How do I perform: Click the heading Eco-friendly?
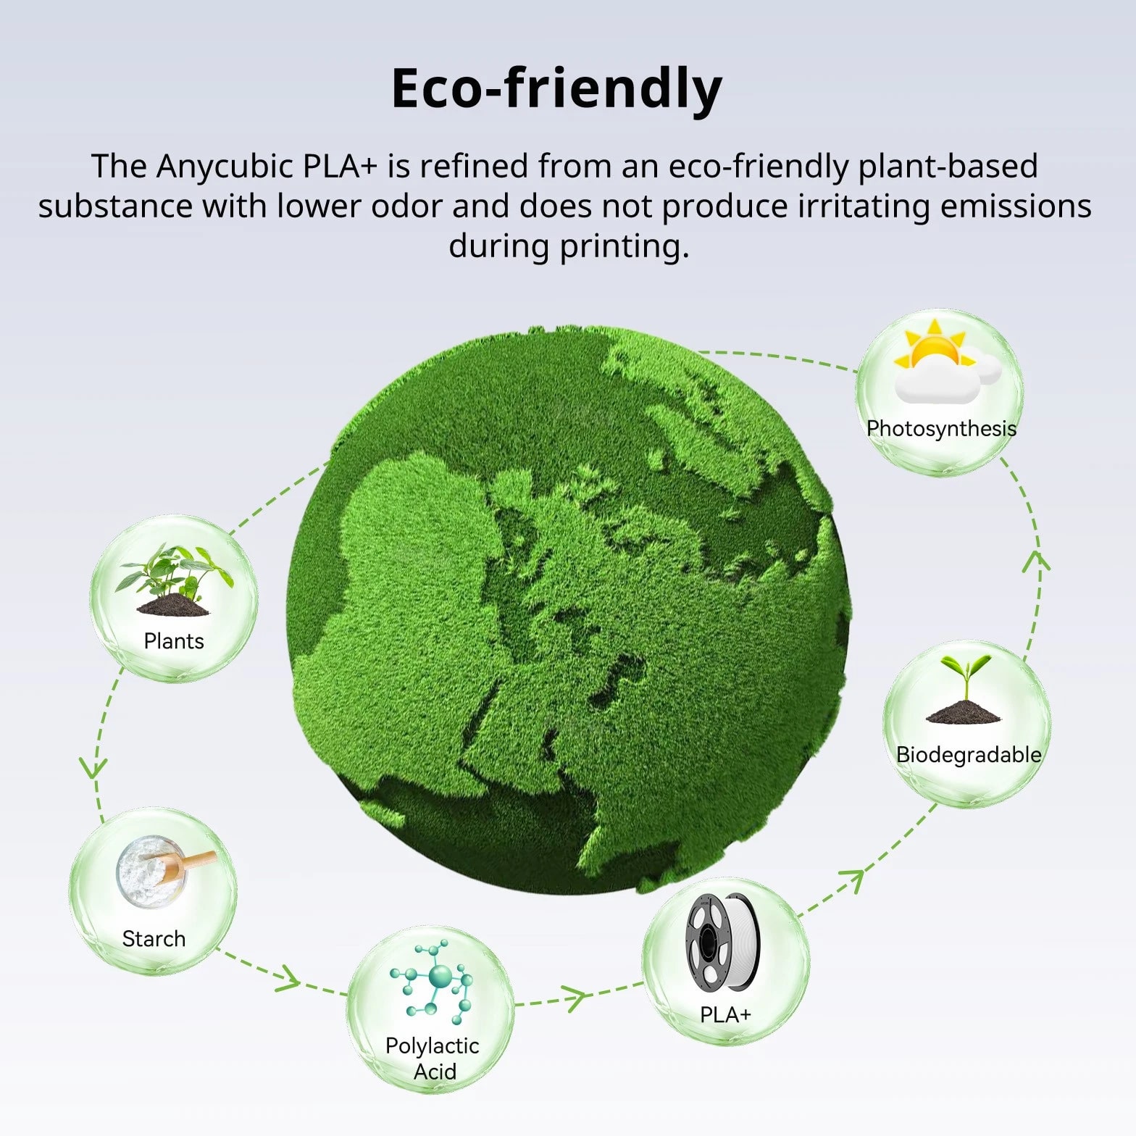pos(556,89)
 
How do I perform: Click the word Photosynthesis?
pos(941,429)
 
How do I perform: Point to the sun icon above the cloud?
pos(930,346)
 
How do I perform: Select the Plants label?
pos(174,641)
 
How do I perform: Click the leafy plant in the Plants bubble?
pos(175,580)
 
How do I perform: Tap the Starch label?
pos(154,939)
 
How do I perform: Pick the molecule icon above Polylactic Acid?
pos(432,981)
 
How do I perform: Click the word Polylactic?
pos(433,1045)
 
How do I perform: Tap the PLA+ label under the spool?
pos(725,1014)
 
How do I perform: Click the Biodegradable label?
pos(969,755)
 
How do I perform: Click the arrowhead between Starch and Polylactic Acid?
pos(287,979)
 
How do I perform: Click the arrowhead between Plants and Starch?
pos(93,768)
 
